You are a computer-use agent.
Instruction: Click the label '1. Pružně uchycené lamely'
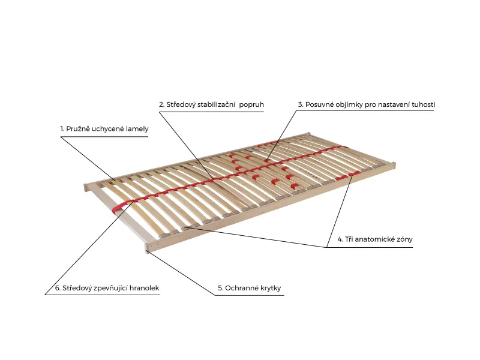coord(104,129)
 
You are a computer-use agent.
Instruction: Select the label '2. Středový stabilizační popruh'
coord(211,104)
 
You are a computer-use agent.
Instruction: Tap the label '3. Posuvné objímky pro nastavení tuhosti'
coord(367,104)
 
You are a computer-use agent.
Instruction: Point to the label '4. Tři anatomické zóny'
coord(375,239)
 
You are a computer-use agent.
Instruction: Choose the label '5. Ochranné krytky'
coord(250,288)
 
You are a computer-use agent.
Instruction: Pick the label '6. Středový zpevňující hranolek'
coord(107,288)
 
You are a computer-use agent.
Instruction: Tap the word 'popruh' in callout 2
coord(251,105)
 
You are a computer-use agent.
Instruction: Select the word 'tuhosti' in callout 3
coord(424,104)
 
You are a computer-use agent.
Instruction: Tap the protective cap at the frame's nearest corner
coord(147,248)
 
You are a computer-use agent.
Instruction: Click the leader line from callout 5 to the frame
coord(181,272)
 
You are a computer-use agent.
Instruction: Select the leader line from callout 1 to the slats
coord(88,158)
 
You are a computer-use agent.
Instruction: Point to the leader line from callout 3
coord(281,136)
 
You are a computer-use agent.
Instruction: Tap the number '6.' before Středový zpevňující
coord(58,288)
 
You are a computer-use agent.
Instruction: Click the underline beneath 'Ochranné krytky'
coord(250,295)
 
